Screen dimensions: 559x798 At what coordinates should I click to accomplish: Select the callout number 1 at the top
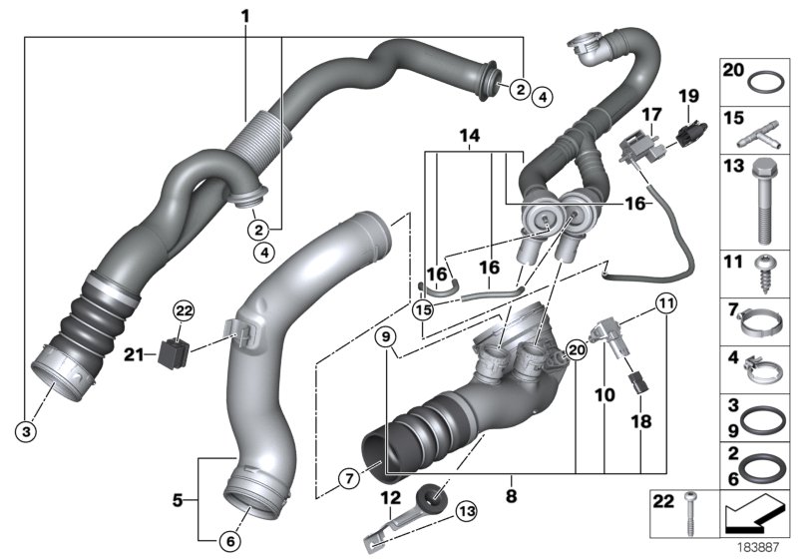tap(246, 16)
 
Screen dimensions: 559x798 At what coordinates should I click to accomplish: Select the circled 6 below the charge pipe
tap(229, 541)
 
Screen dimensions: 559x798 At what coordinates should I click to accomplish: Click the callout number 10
tap(605, 395)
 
